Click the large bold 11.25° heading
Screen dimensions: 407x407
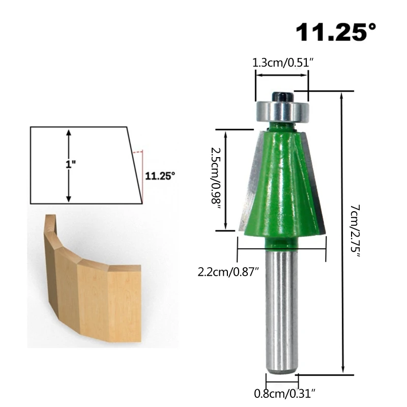pyautogui.click(x=336, y=32)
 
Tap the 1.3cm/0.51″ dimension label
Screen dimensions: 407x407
pyautogui.click(x=283, y=63)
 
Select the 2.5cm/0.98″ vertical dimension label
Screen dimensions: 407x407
pyautogui.click(x=215, y=179)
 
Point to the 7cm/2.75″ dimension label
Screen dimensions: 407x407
pyautogui.click(x=355, y=231)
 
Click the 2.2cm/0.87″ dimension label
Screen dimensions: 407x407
pyautogui.click(x=228, y=272)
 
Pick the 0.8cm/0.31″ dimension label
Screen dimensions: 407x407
pyautogui.click(x=285, y=393)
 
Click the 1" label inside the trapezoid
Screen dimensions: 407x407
pyautogui.click(x=70, y=164)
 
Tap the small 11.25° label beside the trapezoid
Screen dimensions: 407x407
pyautogui.click(x=160, y=176)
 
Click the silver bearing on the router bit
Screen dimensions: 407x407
pyautogui.click(x=282, y=111)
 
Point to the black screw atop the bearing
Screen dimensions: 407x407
pyautogui.click(x=282, y=97)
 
